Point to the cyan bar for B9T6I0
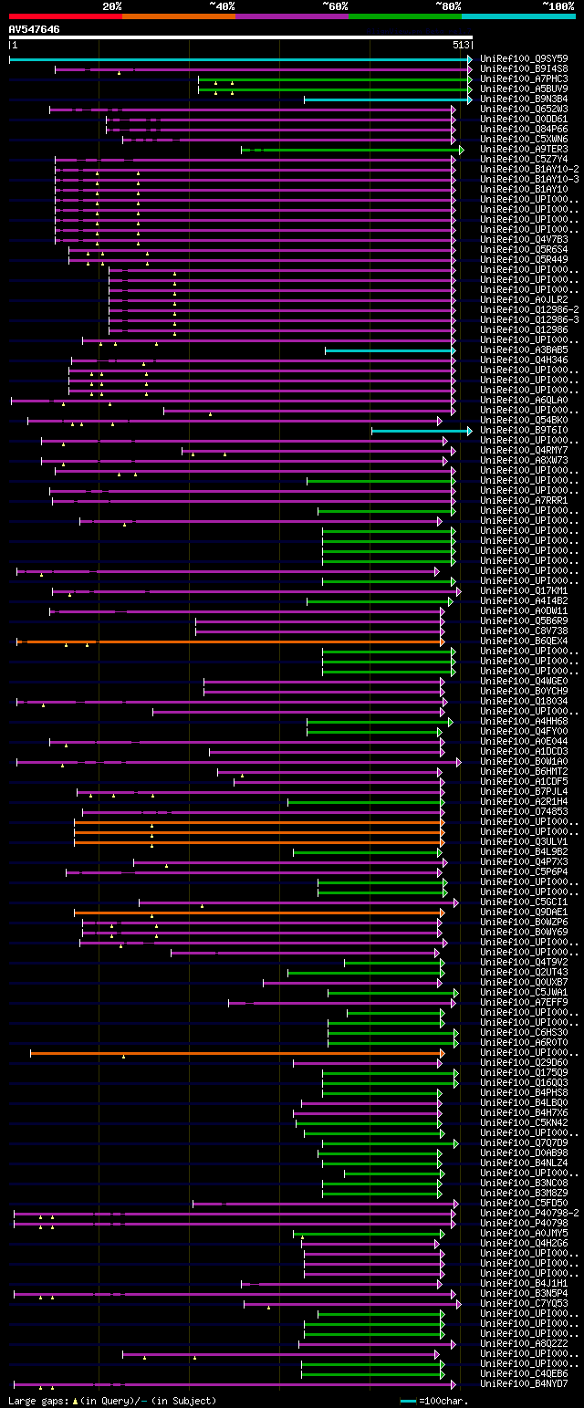coord(420,431)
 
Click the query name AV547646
coord(35,29)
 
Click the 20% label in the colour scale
coord(112,5)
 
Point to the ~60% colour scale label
coord(335,5)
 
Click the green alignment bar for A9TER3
coord(351,150)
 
